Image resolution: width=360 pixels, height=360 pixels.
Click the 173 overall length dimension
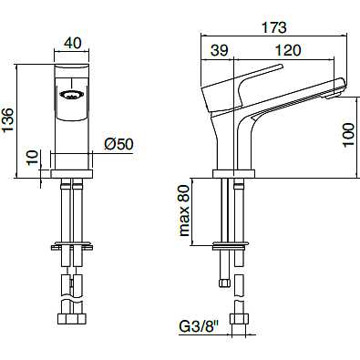click(x=274, y=27)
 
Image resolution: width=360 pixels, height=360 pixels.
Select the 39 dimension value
click(x=220, y=50)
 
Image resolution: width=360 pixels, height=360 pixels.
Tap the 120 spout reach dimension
click(x=288, y=50)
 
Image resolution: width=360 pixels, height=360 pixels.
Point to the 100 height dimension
click(x=348, y=135)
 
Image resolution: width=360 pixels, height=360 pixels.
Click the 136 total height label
click(x=8, y=120)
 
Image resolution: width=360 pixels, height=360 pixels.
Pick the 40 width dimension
click(x=73, y=43)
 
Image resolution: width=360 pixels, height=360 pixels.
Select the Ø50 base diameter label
click(x=118, y=144)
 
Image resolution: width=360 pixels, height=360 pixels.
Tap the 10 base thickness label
click(x=33, y=158)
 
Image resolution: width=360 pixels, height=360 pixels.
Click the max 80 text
click(x=184, y=211)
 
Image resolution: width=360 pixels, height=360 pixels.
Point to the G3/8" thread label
click(x=200, y=327)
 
